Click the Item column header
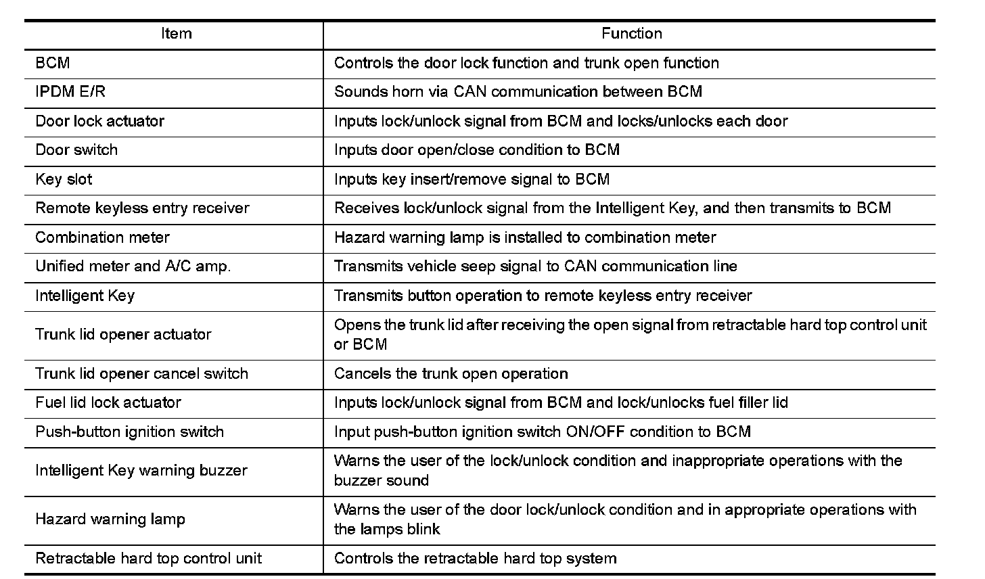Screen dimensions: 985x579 [176, 33]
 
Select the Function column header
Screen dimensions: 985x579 [631, 33]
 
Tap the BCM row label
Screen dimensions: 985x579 [53, 63]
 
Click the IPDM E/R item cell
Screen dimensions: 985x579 [70, 91]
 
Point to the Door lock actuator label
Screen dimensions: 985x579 [99, 121]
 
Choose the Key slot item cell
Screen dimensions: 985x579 [64, 179]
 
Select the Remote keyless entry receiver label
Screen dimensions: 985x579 [142, 208]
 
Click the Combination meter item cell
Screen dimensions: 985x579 [102, 237]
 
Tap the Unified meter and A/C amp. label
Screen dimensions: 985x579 [133, 266]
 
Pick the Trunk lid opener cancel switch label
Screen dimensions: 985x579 [141, 373]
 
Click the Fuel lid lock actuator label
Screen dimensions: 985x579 [108, 402]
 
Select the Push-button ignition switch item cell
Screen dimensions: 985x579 [129, 432]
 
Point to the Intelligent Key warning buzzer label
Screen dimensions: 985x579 [141, 470]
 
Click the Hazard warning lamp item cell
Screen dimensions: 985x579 [110, 519]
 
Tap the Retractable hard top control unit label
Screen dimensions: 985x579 [148, 558]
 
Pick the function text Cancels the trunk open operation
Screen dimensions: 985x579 [451, 373]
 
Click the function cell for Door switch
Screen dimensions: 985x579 [476, 149]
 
